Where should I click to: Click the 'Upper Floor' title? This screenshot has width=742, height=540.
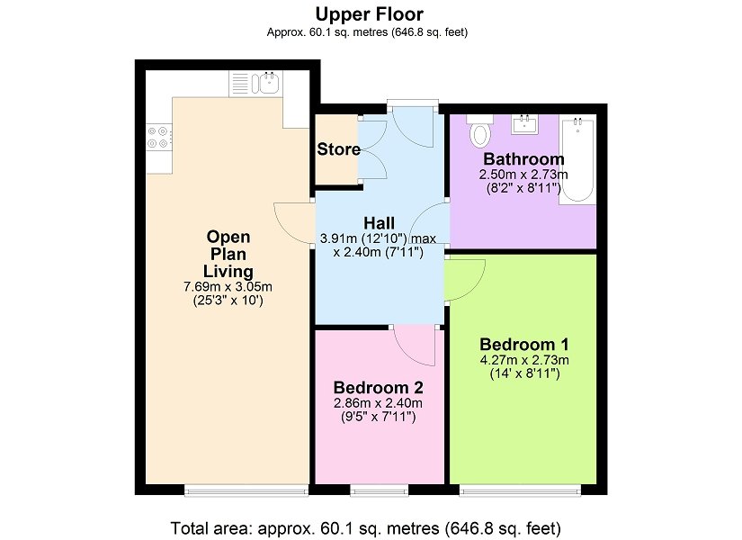[369, 14]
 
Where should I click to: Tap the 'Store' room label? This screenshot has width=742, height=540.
[338, 149]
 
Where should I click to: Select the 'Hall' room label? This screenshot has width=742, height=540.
[379, 222]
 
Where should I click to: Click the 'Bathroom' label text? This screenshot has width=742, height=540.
[523, 158]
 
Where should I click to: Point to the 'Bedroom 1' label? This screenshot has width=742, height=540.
[524, 344]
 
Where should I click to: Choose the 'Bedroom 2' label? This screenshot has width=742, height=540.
[378, 388]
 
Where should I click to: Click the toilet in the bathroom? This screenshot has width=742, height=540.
[480, 130]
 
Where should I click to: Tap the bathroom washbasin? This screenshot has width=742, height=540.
[524, 124]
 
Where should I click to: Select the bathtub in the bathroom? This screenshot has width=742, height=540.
[577, 159]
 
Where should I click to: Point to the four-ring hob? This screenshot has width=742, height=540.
[158, 137]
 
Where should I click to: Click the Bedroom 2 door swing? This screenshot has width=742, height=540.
[414, 346]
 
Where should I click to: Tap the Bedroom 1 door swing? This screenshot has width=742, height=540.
[465, 280]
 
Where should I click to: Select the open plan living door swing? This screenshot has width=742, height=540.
[293, 222]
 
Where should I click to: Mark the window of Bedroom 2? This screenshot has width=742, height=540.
[379, 490]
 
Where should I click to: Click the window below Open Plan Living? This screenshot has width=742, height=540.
[246, 490]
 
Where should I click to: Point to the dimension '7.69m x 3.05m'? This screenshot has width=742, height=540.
[228, 286]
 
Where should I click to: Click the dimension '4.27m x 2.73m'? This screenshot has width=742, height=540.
[524, 360]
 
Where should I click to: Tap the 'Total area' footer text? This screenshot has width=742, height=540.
[366, 527]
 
